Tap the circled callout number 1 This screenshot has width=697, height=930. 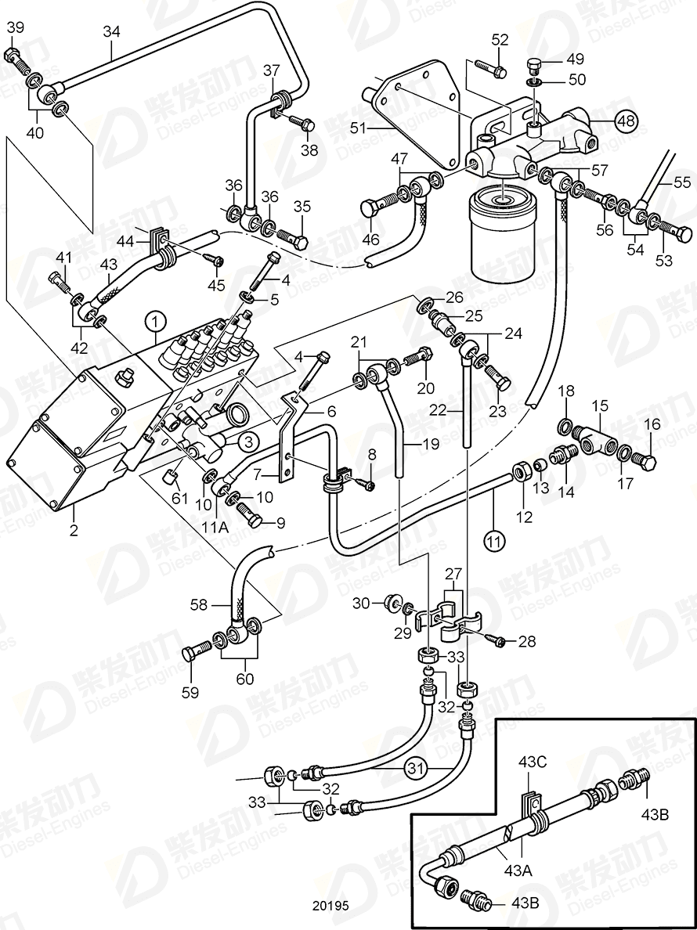tap(155, 320)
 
